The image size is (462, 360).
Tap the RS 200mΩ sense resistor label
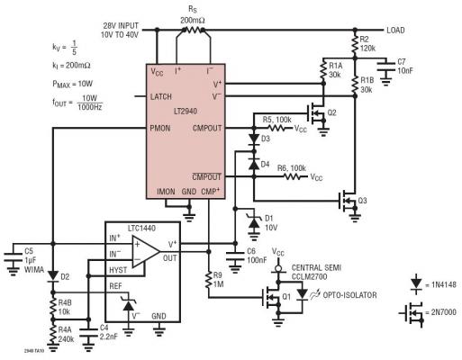coord(190,13)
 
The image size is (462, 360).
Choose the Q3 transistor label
coord(364,199)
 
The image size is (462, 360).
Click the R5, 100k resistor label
coord(276,120)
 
